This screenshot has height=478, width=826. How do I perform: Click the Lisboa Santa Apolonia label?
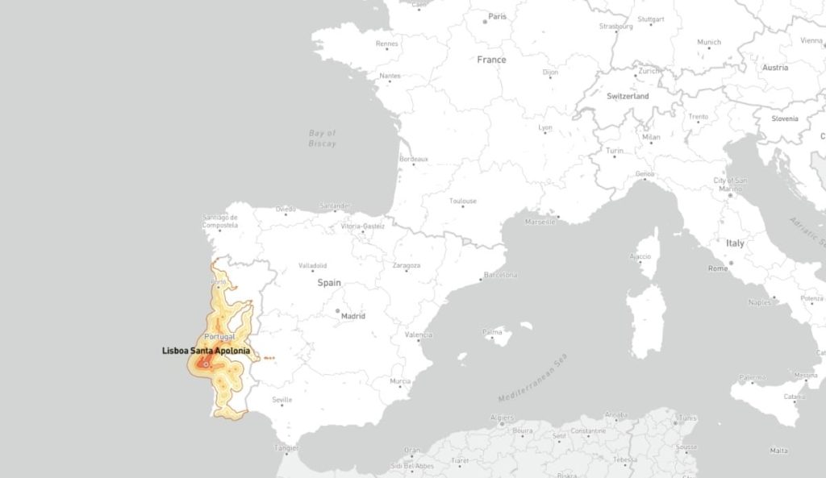pos(206,351)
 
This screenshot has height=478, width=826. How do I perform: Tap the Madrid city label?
pos(353,316)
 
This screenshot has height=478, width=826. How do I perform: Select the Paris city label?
pos(497,16)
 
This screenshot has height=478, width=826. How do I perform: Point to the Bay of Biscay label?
pos(322,138)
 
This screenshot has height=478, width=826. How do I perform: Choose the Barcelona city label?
pos(500,275)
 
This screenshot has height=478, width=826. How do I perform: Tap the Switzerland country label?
pos(628,96)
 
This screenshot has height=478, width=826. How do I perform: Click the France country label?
pos(491,60)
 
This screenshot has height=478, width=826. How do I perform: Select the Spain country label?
pos(329,283)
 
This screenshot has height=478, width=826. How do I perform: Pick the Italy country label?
pos(735,243)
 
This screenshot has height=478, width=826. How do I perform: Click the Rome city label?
pos(717,268)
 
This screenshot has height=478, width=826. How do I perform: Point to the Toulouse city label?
pos(463,201)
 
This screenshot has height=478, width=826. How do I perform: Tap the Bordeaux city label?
pos(413,159)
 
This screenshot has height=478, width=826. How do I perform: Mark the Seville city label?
pos(282,400)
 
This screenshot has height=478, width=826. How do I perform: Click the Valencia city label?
pos(419,335)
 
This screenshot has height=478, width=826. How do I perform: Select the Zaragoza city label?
pos(406,265)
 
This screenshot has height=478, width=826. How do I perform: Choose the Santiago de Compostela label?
pos(219,222)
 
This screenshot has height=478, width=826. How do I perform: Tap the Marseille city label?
pos(540,221)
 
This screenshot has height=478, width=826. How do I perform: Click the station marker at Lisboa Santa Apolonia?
pos(206,364)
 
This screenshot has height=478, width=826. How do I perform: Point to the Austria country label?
pos(775,68)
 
